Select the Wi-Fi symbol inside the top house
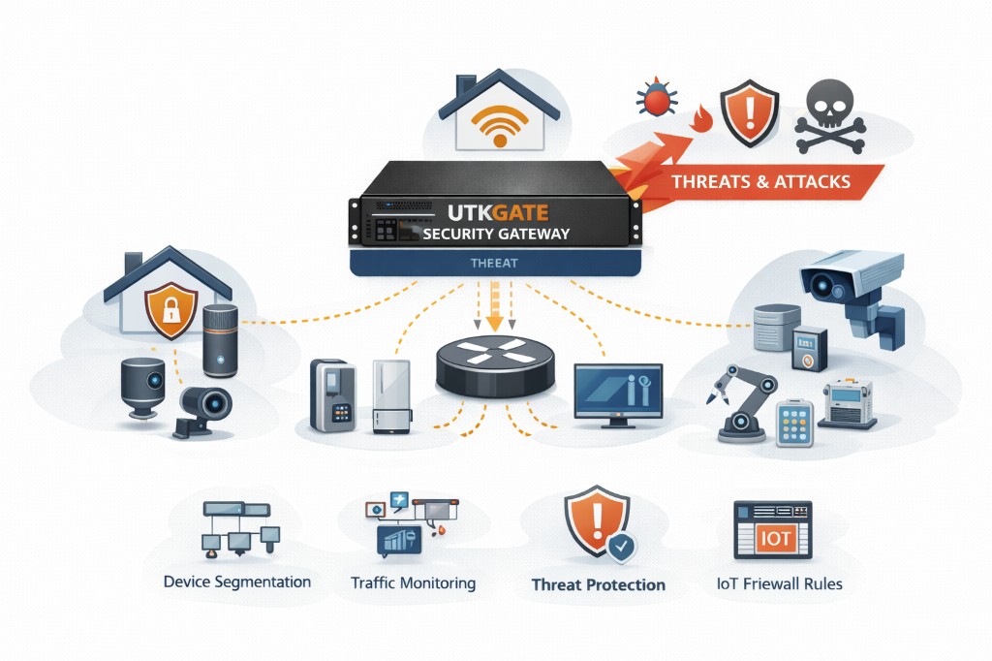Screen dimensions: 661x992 (500, 123)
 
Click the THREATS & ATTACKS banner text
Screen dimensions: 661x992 (760, 180)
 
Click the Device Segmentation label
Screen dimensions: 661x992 (237, 582)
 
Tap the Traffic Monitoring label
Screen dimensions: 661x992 (413, 583)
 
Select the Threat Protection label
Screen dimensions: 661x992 (598, 585)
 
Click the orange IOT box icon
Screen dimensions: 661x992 (774, 539)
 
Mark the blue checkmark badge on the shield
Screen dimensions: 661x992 (621, 548)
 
